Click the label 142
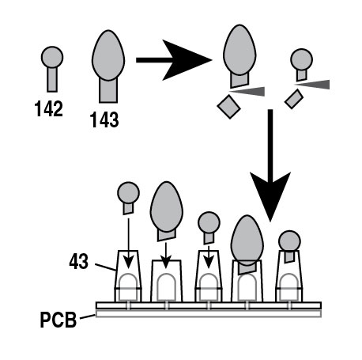click(x=49, y=108)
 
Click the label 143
click(x=104, y=119)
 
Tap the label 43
click(x=78, y=261)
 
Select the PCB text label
click(x=58, y=320)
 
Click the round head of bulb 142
click(x=52, y=57)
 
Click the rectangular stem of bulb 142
click(x=52, y=80)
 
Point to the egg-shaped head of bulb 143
click(x=108, y=55)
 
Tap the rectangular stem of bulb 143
click(x=108, y=90)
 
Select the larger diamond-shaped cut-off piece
click(x=228, y=107)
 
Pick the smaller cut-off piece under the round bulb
click(x=294, y=99)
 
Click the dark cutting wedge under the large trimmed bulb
click(x=247, y=91)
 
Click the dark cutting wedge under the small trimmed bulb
click(x=311, y=85)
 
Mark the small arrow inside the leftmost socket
click(x=128, y=244)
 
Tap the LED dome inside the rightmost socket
click(x=289, y=287)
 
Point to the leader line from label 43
click(x=106, y=267)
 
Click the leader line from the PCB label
click(x=88, y=316)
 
